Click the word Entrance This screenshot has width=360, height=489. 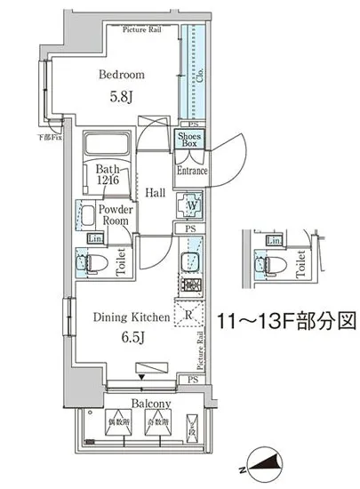(191, 171)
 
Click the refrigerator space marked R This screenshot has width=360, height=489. (189, 313)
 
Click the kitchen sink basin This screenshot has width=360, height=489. (188, 262)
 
